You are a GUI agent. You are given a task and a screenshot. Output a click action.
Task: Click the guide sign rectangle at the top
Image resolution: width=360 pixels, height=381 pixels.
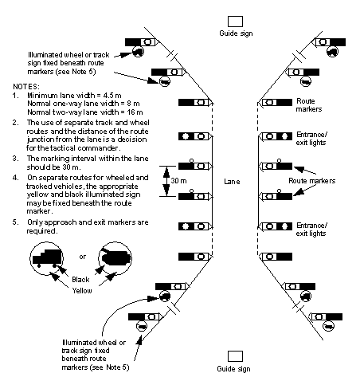pos(235,22)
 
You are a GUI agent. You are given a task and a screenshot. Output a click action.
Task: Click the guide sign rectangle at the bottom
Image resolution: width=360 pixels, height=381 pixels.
pos(235,356)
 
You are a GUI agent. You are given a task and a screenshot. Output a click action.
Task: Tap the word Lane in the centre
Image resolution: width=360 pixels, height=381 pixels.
pos(232,182)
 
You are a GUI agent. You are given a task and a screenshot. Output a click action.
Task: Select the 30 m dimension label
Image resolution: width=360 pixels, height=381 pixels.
pos(178,181)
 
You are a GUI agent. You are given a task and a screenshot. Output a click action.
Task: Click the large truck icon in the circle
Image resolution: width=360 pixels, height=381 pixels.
pos(47,257)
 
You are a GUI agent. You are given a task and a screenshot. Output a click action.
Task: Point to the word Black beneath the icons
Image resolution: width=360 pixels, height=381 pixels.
pos(80,280)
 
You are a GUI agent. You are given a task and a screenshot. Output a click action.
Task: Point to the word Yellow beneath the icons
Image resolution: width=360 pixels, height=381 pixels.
pos(82,290)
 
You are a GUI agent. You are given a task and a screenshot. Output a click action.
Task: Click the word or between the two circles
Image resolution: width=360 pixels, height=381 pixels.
pos(82,257)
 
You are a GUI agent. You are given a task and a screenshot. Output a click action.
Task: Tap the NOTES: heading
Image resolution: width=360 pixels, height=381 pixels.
pos(26,87)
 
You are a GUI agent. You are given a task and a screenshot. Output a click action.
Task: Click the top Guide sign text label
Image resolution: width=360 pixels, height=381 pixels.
pos(236,33)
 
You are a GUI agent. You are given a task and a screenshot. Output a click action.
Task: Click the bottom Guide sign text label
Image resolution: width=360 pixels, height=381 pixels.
pos(233,369)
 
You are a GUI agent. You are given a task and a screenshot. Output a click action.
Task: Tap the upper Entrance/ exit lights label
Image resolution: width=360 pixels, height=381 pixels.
pos(311,139)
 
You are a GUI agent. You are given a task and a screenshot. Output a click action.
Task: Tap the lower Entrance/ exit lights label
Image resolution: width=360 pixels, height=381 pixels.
pos(311,230)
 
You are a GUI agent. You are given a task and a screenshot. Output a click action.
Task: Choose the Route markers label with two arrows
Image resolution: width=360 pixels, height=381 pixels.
pos(311,181)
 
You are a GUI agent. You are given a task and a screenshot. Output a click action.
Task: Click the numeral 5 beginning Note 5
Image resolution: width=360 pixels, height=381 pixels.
pos(14,222)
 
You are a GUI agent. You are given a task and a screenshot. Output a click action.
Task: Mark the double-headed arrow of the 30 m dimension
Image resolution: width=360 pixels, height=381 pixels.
pos(166,181)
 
